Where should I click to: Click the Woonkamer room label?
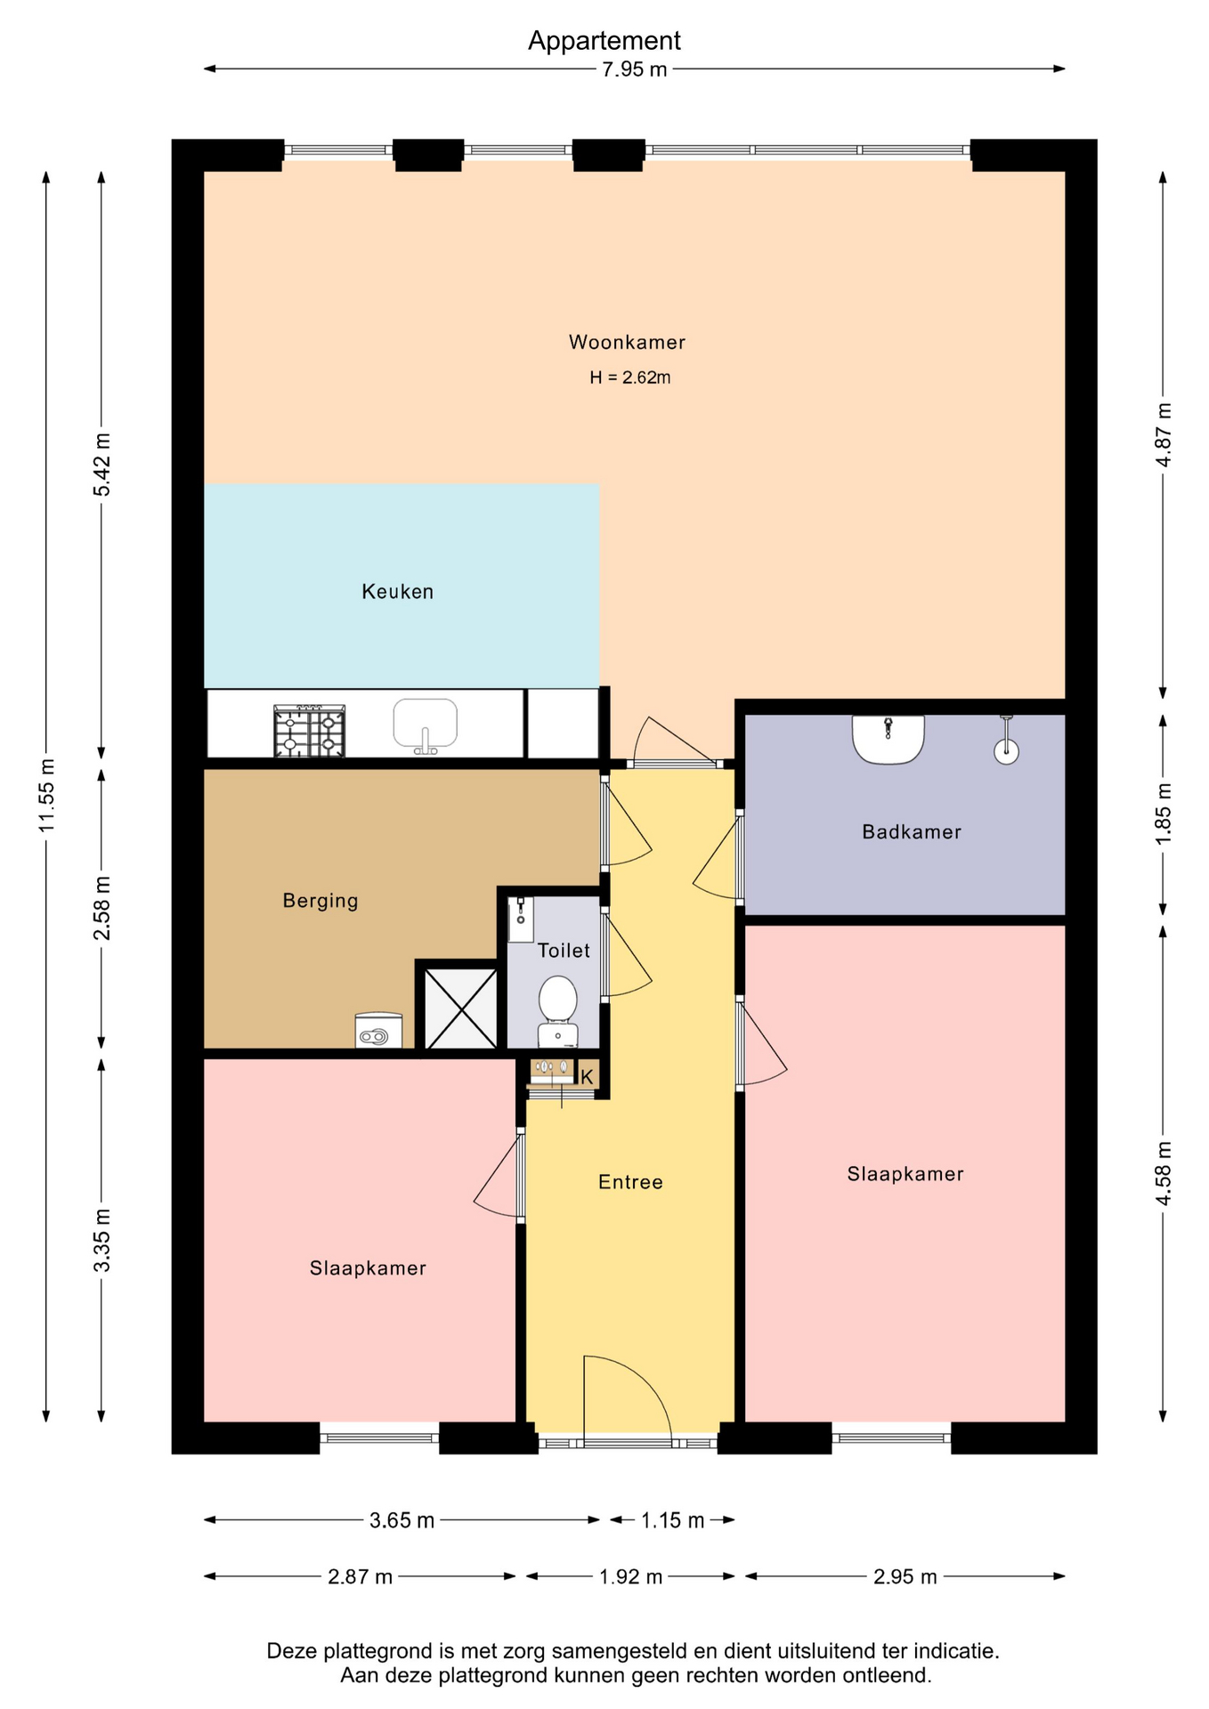(627, 342)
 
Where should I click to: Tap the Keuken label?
(397, 592)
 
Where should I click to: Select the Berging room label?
(321, 901)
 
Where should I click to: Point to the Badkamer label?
(912, 832)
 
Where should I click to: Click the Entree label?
(630, 1182)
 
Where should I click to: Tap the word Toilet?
(564, 951)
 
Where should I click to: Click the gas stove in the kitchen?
(309, 732)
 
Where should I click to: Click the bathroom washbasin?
(888, 739)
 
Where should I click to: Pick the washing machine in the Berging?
(378, 1031)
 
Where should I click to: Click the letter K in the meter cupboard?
(587, 1077)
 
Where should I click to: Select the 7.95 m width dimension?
(634, 69)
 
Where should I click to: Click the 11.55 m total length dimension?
(46, 797)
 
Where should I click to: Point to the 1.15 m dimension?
(672, 1520)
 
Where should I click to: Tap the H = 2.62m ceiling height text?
(629, 377)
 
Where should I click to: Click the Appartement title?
(604, 41)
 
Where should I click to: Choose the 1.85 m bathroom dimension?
(1163, 814)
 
